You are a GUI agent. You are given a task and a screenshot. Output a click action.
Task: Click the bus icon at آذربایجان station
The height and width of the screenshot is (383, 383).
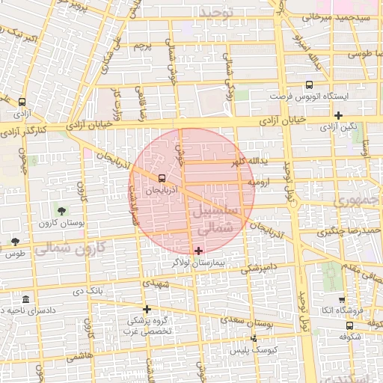pyautogui.click(x=162, y=178)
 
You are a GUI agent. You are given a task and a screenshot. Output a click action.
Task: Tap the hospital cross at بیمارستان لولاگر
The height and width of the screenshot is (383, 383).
pyautogui.click(x=197, y=250)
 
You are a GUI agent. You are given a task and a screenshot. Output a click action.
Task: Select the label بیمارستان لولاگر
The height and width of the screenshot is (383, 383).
pyautogui.click(x=197, y=263)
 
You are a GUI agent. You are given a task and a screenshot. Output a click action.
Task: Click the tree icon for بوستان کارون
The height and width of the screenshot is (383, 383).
pyautogui.click(x=61, y=211)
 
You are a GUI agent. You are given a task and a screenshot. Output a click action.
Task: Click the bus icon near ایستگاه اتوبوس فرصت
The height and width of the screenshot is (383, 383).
pyautogui.click(x=310, y=85)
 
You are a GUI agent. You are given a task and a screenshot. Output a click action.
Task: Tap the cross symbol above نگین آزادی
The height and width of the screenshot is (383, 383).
pyautogui.click(x=339, y=115)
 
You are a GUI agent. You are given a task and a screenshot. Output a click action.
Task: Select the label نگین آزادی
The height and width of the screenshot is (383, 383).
pyautogui.click(x=339, y=127)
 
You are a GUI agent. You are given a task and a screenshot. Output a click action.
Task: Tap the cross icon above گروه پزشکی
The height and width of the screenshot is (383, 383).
pyautogui.click(x=147, y=308)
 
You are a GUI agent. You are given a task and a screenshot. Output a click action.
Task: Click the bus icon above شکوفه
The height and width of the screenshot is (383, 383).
pyautogui.click(x=349, y=325)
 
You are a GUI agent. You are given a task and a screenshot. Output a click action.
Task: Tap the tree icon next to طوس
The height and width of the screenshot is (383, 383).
pyautogui.click(x=15, y=241)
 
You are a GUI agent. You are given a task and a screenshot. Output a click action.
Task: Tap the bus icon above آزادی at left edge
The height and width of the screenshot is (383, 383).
pyautogui.click(x=22, y=102)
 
